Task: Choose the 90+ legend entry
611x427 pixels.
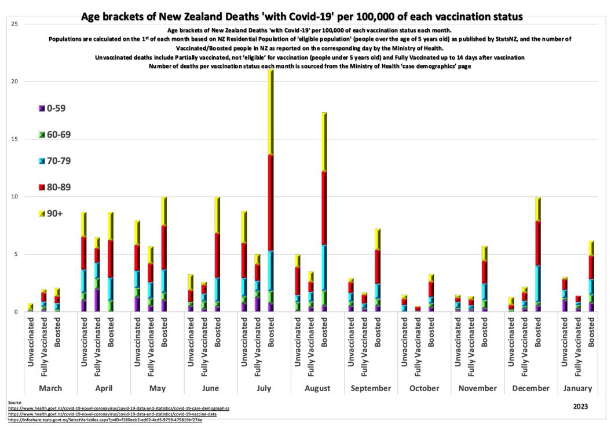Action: (x=55, y=213)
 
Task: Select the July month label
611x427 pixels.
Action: (x=263, y=388)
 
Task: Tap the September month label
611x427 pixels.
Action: (x=370, y=388)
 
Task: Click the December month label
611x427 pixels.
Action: (x=530, y=388)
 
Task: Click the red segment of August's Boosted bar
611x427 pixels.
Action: (x=324, y=208)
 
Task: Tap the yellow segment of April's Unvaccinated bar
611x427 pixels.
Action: (x=84, y=224)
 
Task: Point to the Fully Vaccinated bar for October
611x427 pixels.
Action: (x=418, y=309)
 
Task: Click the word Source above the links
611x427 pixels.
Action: (x=15, y=402)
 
